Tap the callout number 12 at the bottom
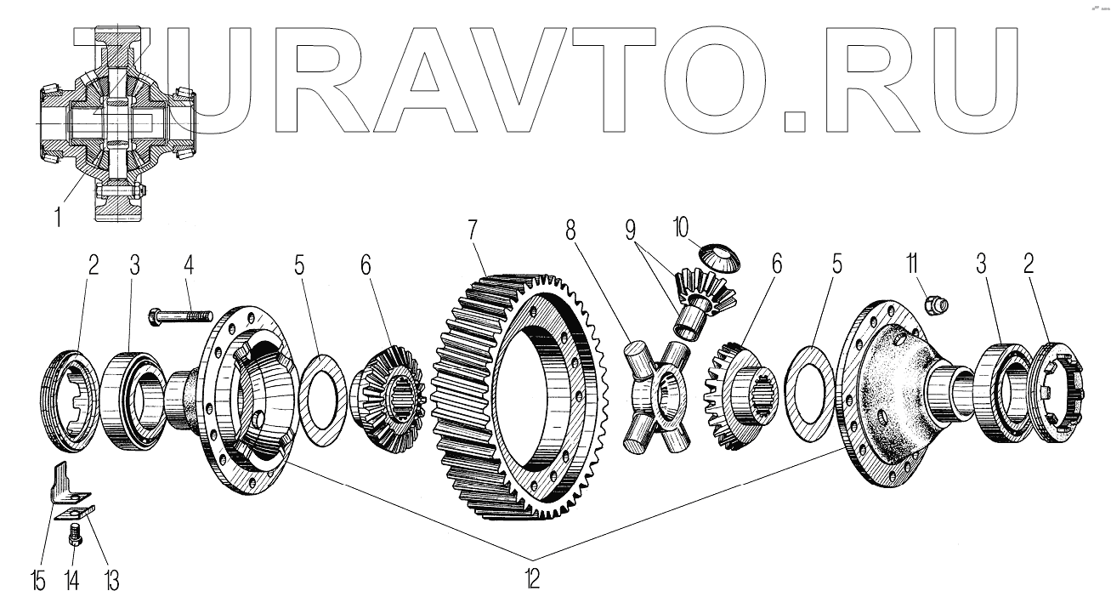pos(531,577)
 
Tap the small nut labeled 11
pos(938,301)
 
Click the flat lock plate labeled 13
pos(75,511)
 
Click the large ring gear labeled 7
pos(510,400)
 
